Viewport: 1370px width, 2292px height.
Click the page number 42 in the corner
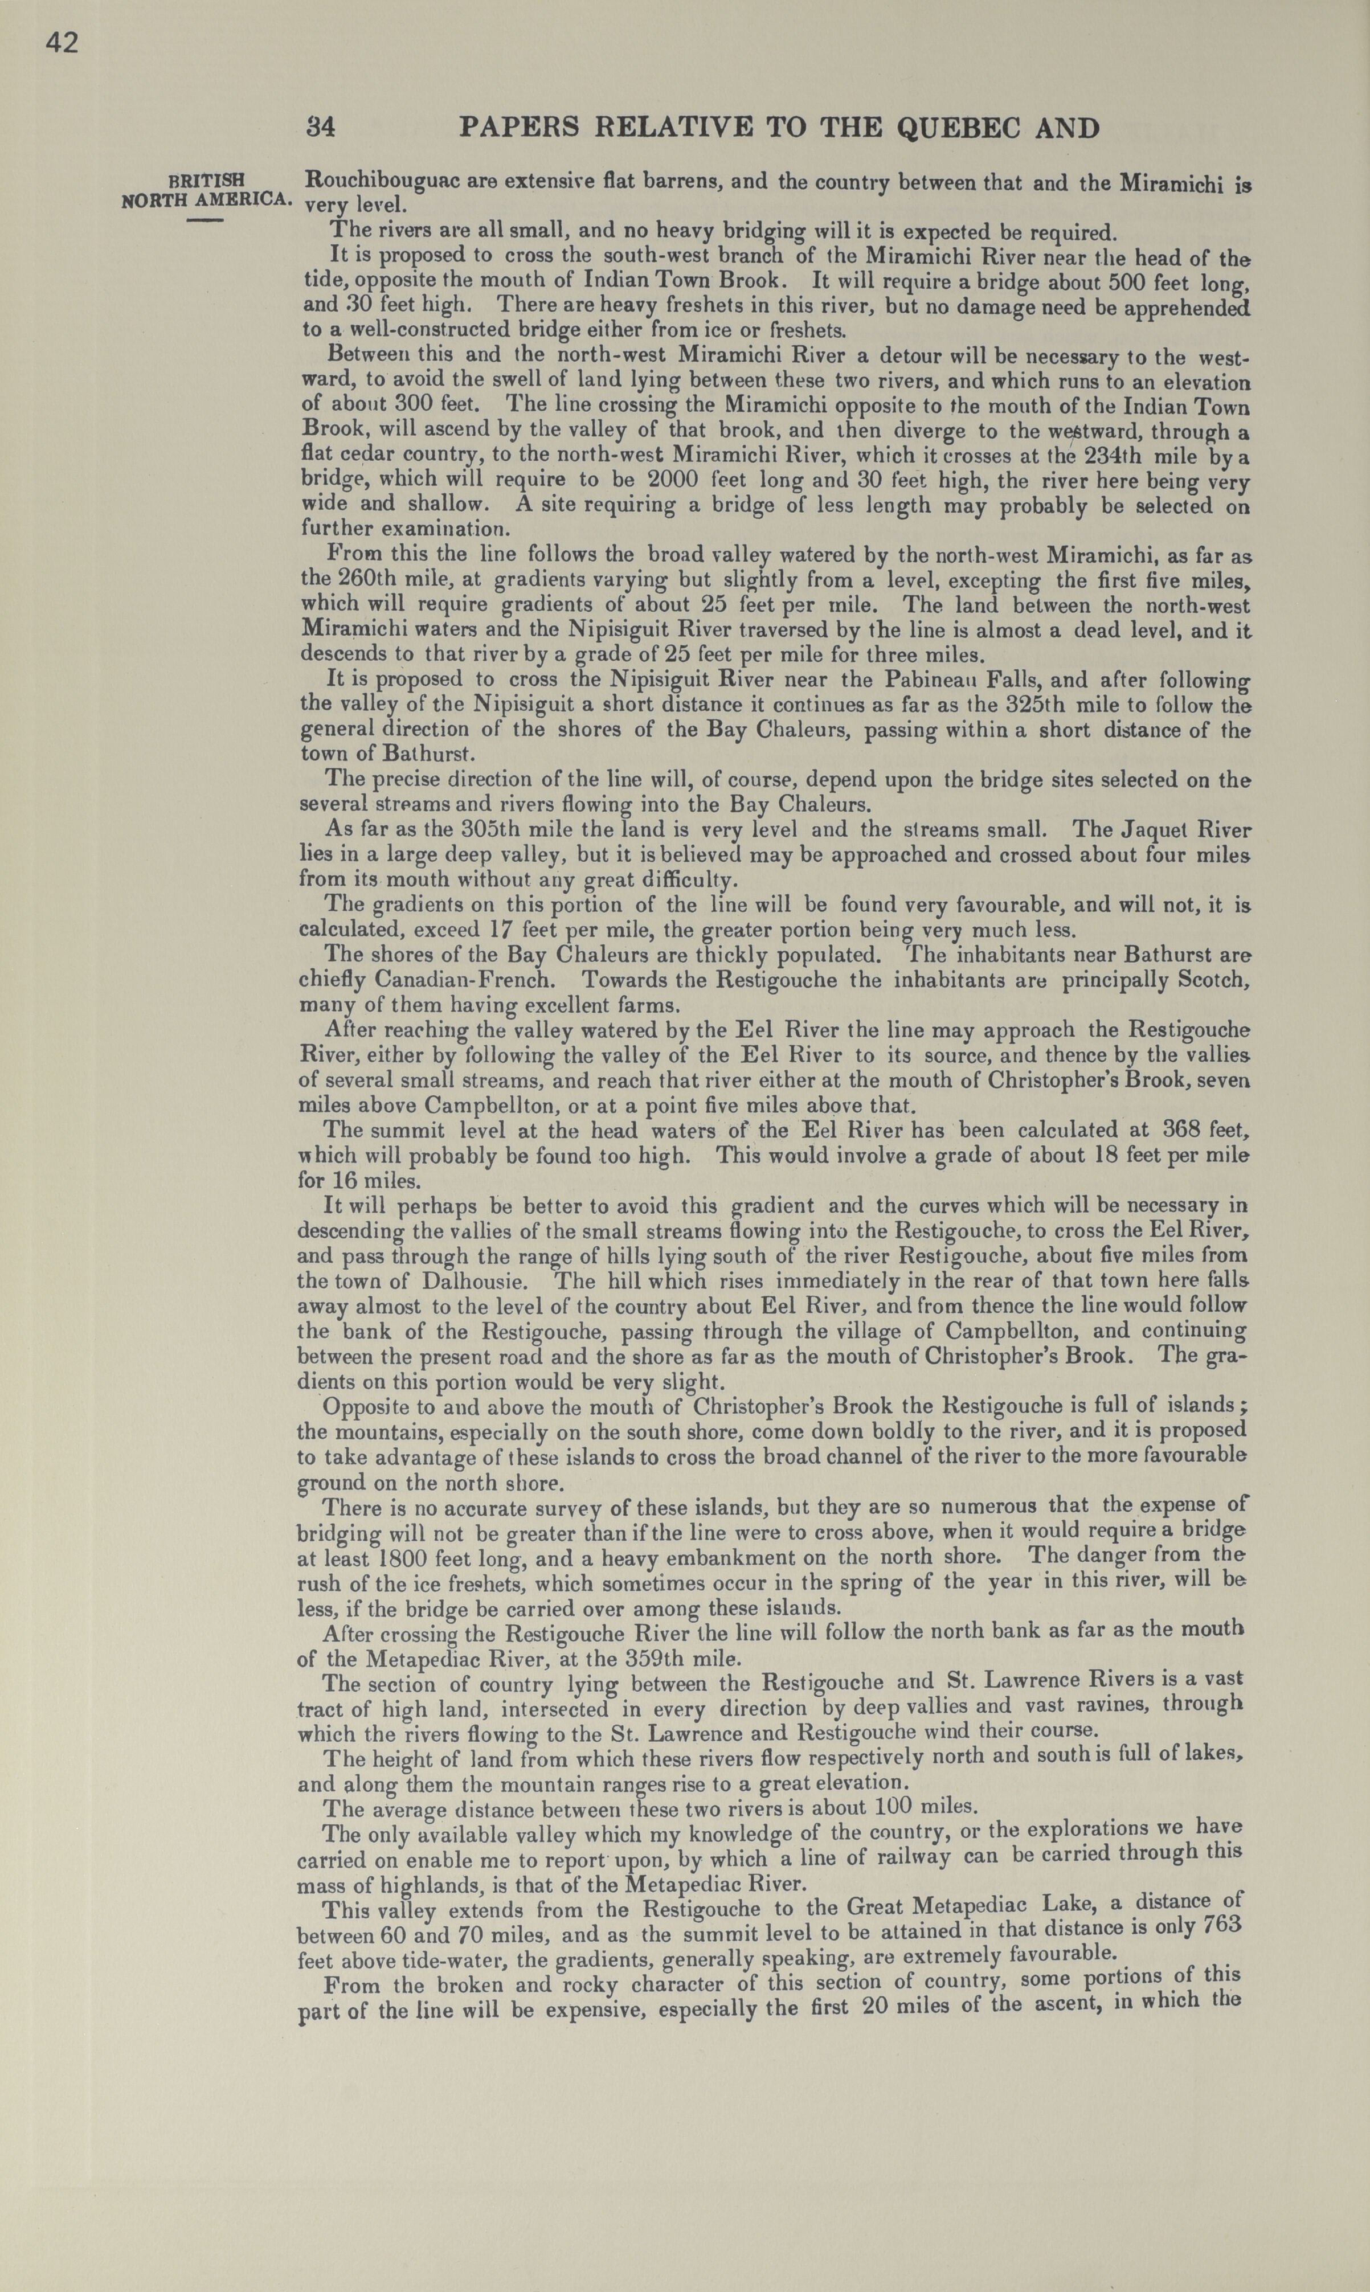tap(62, 43)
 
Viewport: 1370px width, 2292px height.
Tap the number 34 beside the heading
tap(320, 126)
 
